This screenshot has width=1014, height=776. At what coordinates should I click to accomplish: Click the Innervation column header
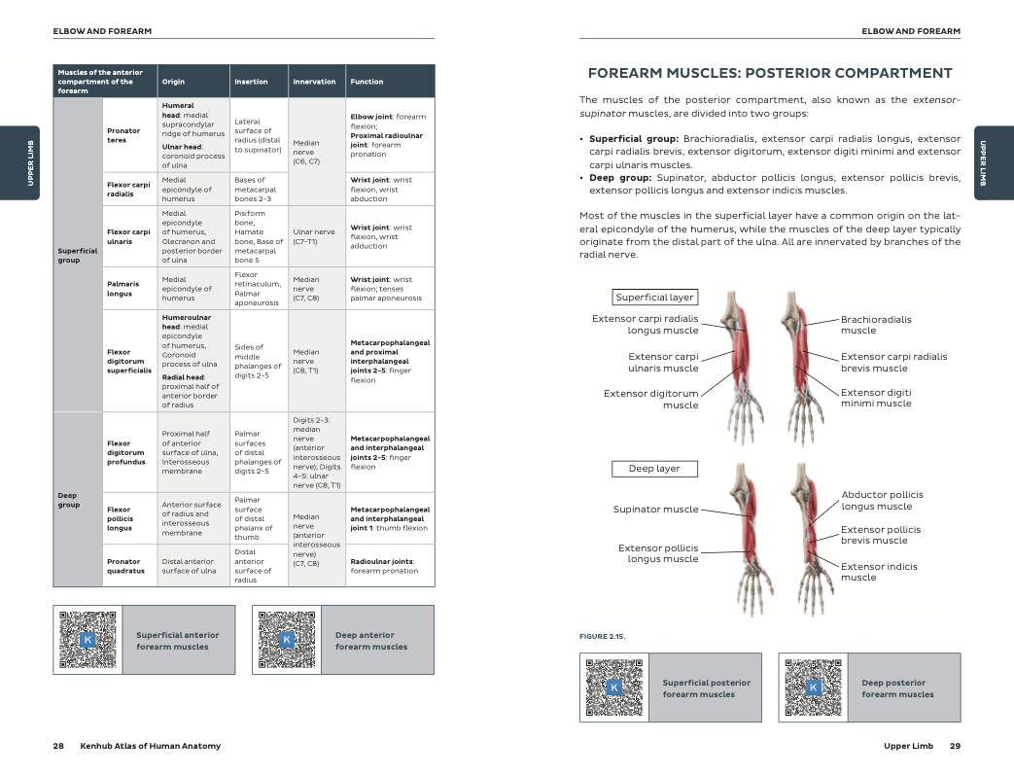point(314,82)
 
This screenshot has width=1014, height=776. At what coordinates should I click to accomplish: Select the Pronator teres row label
point(122,134)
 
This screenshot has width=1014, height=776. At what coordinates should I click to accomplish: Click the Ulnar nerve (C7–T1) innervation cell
point(316,236)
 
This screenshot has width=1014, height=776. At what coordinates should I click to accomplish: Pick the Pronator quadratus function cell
point(389,566)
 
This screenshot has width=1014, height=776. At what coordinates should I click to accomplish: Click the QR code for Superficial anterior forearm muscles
point(87,639)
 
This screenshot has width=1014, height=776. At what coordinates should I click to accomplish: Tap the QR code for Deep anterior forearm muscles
point(287,639)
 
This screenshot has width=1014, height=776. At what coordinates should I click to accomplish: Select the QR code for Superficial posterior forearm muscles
point(613,688)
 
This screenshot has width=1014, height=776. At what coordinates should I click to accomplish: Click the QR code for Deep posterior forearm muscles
point(814,688)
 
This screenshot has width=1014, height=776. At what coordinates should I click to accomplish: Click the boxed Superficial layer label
point(654,298)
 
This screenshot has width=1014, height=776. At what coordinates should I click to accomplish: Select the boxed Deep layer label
point(654,469)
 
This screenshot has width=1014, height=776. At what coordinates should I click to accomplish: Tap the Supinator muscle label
point(655,509)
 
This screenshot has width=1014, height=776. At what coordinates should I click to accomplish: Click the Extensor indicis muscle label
point(879,572)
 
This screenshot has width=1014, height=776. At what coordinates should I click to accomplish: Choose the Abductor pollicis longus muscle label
point(882,500)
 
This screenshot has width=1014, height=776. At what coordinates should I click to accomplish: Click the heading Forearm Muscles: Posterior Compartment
point(770,73)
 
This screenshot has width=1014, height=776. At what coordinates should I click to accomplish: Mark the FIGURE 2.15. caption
point(602,636)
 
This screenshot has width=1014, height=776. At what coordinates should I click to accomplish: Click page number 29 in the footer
point(955,746)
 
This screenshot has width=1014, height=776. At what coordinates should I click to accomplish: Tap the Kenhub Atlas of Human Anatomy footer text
point(150,746)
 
